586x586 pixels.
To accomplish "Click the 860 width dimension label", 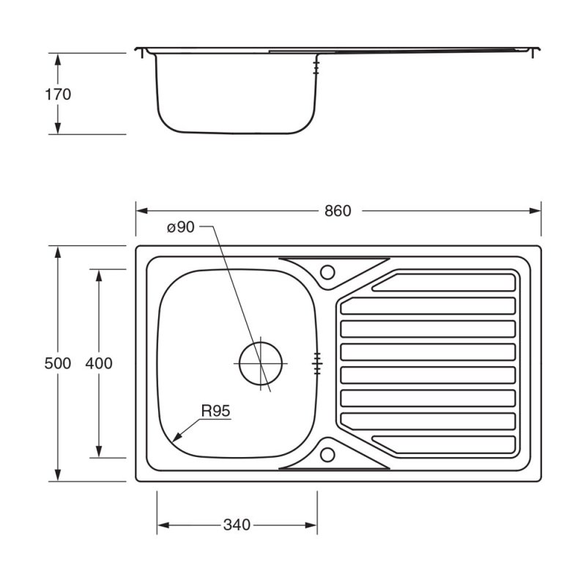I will tap(338, 210).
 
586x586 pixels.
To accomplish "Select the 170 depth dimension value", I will tap(58, 94).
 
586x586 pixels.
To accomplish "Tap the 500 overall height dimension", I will tap(58, 363).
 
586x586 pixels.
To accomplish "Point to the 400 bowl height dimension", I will tap(99, 363).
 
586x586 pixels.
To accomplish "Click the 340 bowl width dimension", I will tap(237, 525).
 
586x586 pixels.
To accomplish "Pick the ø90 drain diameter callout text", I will tap(180, 227).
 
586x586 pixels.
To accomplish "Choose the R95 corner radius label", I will tap(216, 412).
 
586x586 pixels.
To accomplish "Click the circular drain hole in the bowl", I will tap(260, 363).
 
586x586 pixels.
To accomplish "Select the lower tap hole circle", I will tap(327, 453).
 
